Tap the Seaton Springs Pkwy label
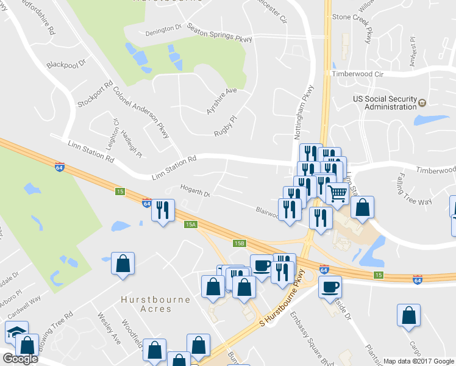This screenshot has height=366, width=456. click(219, 32)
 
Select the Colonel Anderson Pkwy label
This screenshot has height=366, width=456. click(141, 112)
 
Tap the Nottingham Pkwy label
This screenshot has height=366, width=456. click(307, 110)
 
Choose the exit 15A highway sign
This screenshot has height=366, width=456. click(191, 224)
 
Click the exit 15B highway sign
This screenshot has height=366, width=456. click(239, 243)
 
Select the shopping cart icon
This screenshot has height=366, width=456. click(337, 194)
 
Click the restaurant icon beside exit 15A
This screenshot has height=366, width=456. click(163, 210)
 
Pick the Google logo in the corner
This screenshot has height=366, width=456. click(20, 359)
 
